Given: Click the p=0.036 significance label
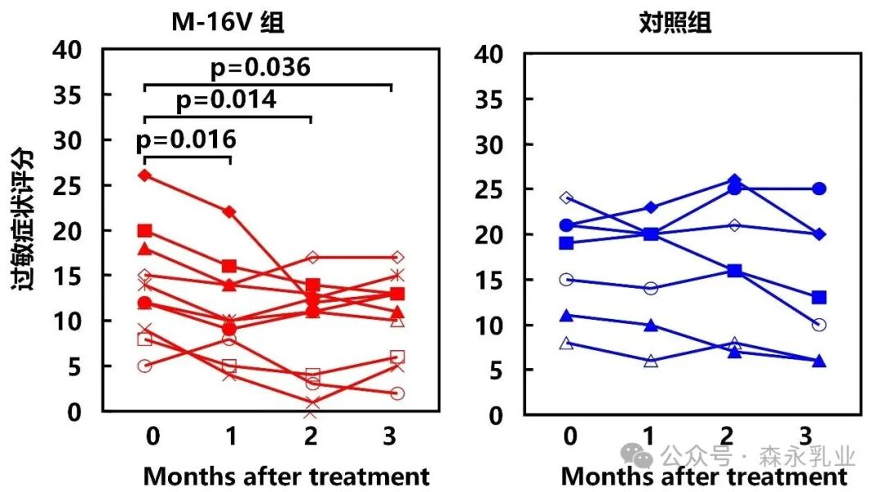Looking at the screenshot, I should click(261, 67).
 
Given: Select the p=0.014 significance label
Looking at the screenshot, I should click(226, 100).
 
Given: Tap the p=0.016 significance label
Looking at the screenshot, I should click(187, 140).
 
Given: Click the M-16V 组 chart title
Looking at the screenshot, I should click(227, 23).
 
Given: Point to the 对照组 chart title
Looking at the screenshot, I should click(674, 23).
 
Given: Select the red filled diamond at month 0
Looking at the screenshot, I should click(145, 175).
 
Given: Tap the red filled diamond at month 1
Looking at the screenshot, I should click(229, 212).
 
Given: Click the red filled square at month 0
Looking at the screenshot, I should click(145, 230).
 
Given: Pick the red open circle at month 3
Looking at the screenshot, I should click(397, 394).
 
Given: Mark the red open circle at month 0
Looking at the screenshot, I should click(145, 366).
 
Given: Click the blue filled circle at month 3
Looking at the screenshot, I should click(819, 189).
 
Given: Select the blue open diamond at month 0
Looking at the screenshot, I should click(566, 198).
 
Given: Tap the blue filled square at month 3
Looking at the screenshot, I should click(819, 298).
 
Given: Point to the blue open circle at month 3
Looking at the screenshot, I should click(819, 325).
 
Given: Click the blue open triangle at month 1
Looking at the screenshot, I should click(651, 361).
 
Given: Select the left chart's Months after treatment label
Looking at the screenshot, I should click(286, 476).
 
